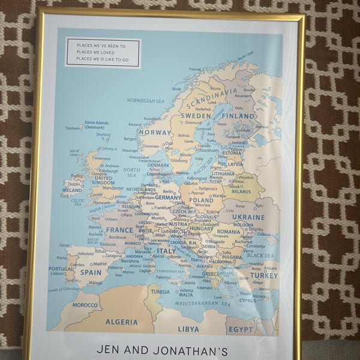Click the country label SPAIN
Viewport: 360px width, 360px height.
[91, 272]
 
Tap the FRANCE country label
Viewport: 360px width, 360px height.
[120, 230]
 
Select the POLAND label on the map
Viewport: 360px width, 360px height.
[201, 200]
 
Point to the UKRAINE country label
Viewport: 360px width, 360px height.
[248, 217]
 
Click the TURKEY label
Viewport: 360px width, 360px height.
[264, 275]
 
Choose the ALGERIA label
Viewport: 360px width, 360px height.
[121, 322]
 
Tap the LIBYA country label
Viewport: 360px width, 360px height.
[188, 329]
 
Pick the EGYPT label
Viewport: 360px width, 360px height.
[241, 329]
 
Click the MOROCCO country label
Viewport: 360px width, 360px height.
[85, 305]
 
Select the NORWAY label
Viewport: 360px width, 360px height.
[155, 132]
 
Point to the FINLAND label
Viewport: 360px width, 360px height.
[238, 116]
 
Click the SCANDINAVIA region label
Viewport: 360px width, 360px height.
[212, 96]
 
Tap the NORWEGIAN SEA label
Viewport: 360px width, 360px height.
[145, 101]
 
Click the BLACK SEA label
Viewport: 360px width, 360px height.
[260, 256]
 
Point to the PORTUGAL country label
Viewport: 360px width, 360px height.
[62, 269]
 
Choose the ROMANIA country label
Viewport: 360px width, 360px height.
[229, 232]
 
